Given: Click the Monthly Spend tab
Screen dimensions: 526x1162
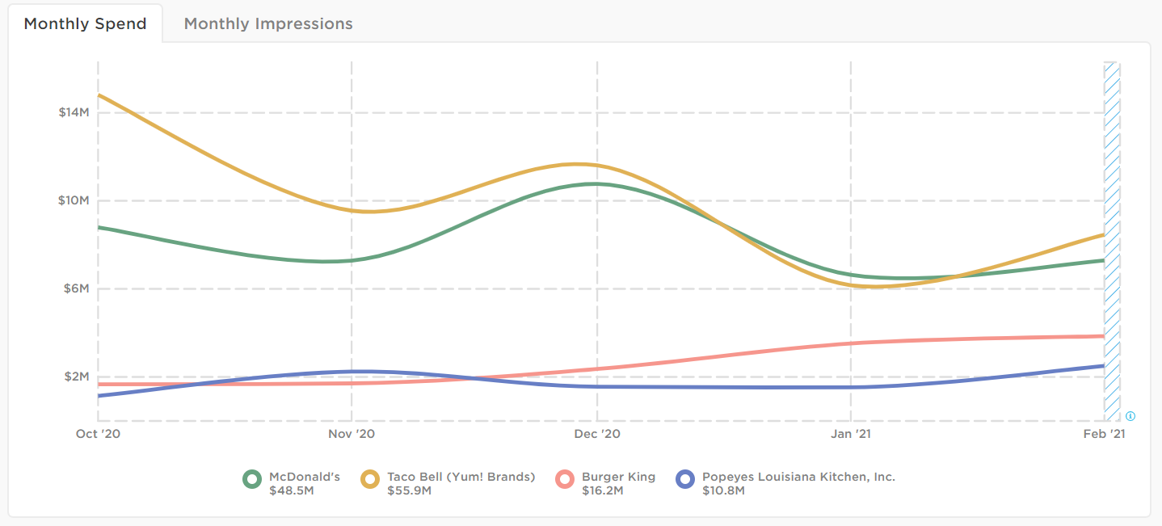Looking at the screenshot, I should pos(85,23).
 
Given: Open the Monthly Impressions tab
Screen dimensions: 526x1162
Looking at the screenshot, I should pos(268,23).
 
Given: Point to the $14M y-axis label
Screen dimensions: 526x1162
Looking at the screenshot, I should pos(73,112).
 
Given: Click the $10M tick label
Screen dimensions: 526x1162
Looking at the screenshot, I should pos(73,200).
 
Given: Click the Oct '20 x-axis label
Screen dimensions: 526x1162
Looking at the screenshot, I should pos(98,435).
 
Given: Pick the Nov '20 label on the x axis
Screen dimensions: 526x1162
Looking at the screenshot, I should pos(352,435).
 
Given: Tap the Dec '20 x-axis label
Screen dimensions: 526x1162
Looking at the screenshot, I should pos(596,435).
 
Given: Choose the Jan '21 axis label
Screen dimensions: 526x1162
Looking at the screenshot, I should pos(851,435).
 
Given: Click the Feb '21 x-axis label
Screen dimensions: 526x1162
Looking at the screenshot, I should pos(1104,435).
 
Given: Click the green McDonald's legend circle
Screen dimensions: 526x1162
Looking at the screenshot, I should pos(253,479).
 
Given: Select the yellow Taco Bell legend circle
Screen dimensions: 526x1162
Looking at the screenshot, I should pos(371,479).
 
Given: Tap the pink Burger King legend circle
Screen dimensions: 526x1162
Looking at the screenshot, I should pos(566,479).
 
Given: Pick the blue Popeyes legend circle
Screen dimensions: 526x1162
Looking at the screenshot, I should pos(686,479).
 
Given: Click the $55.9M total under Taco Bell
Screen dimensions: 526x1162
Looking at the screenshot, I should pos(409,490).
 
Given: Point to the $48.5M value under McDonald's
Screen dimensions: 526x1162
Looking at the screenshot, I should pos(291,490).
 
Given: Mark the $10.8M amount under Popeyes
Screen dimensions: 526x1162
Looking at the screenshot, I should pos(723,490).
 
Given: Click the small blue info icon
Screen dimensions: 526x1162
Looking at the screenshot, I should pos(1130,416).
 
